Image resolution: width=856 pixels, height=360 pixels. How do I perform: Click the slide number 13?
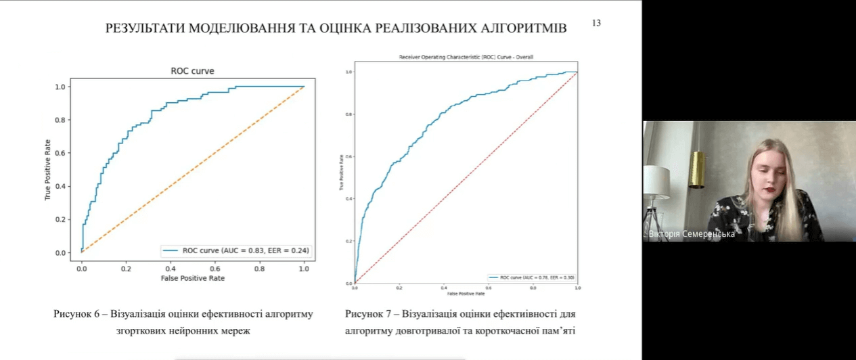(596, 23)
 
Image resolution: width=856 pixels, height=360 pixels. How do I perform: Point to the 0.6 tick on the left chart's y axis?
(61, 153)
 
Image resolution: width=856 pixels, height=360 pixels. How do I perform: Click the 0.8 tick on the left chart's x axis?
(259, 269)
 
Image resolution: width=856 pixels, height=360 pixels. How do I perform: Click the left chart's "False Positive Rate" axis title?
(192, 278)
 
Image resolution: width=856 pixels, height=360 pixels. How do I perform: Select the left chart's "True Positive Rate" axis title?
(48, 169)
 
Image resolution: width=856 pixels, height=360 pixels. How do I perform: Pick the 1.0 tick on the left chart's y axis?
(61, 87)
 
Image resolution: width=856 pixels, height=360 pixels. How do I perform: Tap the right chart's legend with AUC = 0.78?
(533, 277)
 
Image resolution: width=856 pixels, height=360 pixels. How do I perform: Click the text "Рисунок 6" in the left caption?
(76, 315)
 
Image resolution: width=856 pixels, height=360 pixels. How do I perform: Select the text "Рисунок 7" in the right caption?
(368, 315)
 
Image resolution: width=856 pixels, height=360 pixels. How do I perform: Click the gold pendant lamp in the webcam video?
(697, 169)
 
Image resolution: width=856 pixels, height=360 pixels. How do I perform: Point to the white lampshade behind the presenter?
(656, 181)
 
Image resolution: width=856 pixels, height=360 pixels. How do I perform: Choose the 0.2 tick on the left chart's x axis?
(126, 269)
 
